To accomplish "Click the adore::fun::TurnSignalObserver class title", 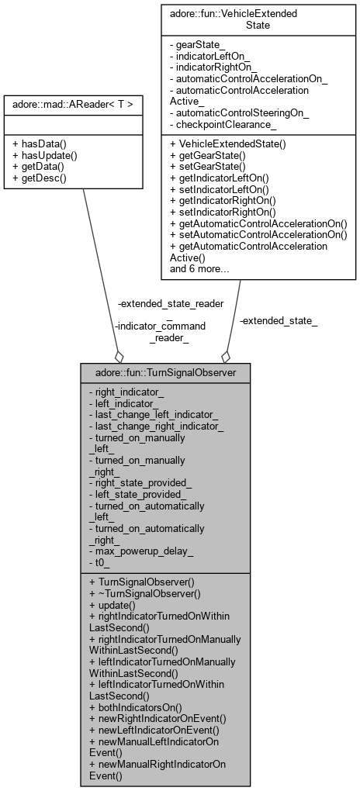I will coord(165,372).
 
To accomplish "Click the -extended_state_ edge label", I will coord(268,320).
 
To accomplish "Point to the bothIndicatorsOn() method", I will coord(136,707).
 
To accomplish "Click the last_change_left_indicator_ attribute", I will coord(154,415).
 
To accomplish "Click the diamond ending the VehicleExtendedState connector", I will coord(226,356).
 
